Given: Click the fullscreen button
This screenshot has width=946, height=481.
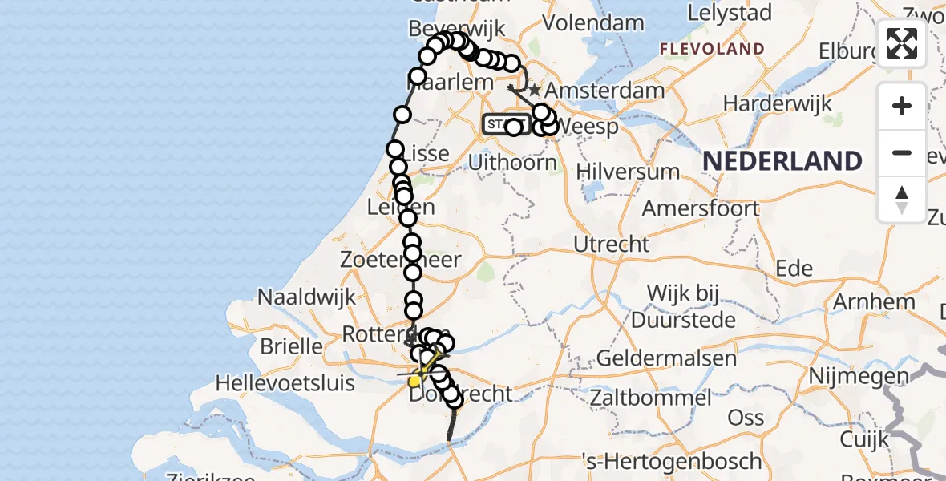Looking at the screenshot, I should coord(902,43).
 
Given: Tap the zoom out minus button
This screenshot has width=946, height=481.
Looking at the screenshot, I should coord(902,153).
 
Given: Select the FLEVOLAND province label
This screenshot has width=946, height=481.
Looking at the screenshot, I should coord(712,50).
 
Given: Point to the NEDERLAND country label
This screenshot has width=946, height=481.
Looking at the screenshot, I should coord(782,161).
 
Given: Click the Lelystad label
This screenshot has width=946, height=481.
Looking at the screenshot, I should coord(730,14).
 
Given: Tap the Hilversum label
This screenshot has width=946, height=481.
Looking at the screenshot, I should coord(628,172).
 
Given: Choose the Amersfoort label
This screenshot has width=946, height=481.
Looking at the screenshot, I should coord(701,208).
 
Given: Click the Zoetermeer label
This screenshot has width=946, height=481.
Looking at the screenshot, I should coord(401,260).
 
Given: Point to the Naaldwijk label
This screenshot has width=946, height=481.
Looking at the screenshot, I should coord(306,297).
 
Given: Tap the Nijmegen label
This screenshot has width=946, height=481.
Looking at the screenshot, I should coord(859,376).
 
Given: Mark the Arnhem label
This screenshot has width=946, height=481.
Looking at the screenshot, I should coord(874,303).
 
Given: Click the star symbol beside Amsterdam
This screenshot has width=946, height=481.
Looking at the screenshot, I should coord(535,91).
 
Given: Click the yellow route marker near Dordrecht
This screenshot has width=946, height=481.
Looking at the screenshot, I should coord(414,381).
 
